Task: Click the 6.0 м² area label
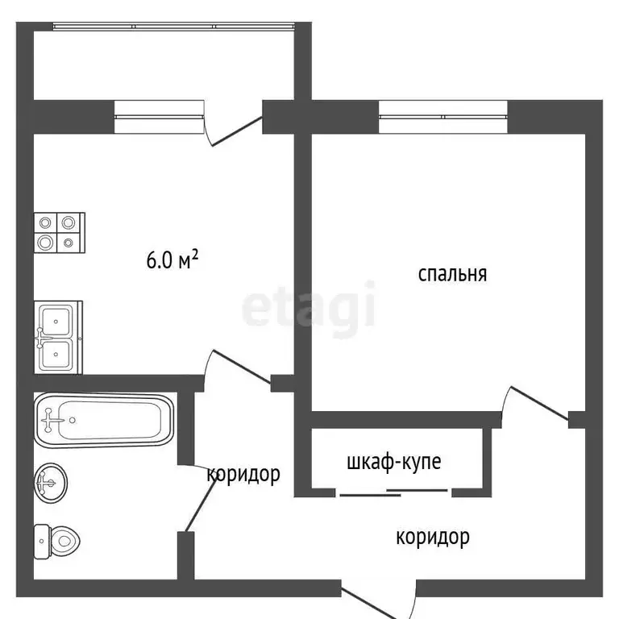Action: (x=172, y=261)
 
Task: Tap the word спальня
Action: (x=452, y=274)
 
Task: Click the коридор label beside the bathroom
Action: (x=243, y=473)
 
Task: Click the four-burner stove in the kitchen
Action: (x=59, y=232)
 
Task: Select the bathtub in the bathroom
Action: (x=104, y=420)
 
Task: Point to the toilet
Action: (x=56, y=542)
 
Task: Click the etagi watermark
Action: (x=309, y=305)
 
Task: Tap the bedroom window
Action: (x=442, y=118)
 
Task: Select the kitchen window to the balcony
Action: (x=158, y=118)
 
